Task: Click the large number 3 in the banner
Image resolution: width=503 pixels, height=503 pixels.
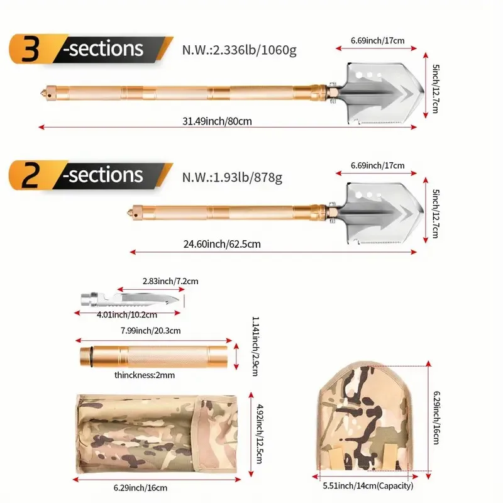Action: coord(29,50)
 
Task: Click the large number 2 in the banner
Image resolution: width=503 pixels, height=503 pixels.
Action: coord(29,175)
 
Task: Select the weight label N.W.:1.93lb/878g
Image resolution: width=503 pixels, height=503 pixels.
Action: coord(232,177)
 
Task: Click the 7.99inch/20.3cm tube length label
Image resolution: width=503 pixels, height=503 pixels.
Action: coord(151,330)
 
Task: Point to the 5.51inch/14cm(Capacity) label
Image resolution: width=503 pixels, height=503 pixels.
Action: coord(368,486)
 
